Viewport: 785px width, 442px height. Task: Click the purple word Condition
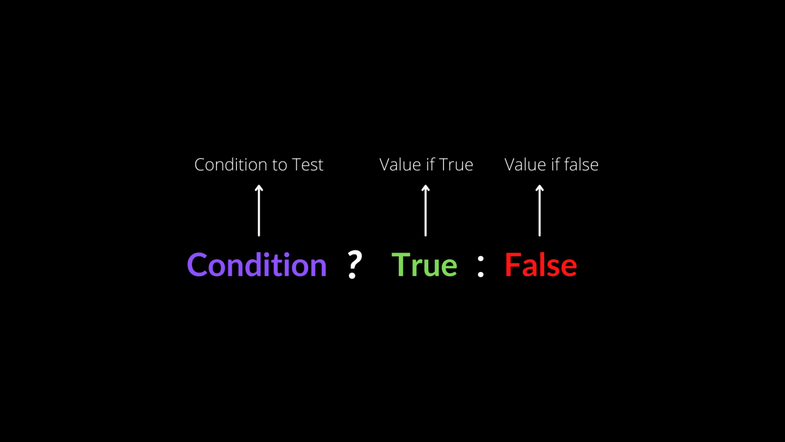click(257, 265)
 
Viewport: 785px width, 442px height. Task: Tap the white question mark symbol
click(354, 265)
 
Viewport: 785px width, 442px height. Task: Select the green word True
click(424, 265)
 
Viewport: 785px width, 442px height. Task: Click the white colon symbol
click(481, 267)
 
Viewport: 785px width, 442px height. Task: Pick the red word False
click(541, 265)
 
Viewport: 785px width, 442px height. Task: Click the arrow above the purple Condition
click(259, 211)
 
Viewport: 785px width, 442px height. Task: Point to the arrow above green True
click(426, 211)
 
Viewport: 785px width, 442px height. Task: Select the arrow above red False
click(540, 211)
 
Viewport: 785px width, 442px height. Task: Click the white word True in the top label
click(456, 165)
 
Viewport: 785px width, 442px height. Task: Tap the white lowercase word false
click(581, 165)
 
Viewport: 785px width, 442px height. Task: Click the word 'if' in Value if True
click(427, 164)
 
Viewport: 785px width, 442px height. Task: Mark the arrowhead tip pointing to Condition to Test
click(259, 185)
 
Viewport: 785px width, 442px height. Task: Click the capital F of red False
click(513, 265)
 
